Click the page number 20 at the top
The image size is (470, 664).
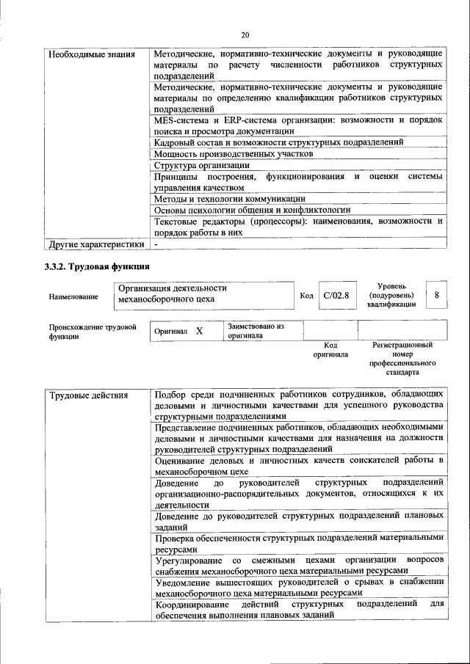click(x=245, y=34)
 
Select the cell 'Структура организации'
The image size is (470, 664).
click(x=203, y=165)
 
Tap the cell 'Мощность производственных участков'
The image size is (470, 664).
click(x=234, y=154)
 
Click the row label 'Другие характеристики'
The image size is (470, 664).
click(x=96, y=244)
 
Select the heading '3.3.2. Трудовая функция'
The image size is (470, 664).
click(x=97, y=266)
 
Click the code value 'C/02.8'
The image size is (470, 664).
click(x=336, y=295)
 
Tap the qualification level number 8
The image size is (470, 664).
click(x=438, y=295)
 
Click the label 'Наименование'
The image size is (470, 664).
click(x=73, y=296)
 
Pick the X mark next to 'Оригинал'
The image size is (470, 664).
click(x=198, y=332)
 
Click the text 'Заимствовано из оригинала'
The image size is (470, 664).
click(x=255, y=329)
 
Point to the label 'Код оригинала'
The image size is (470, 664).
click(x=330, y=349)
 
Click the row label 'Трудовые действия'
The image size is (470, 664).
click(x=89, y=396)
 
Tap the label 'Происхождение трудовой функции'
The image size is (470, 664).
click(x=92, y=332)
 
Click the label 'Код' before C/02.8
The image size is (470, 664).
click(x=307, y=295)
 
